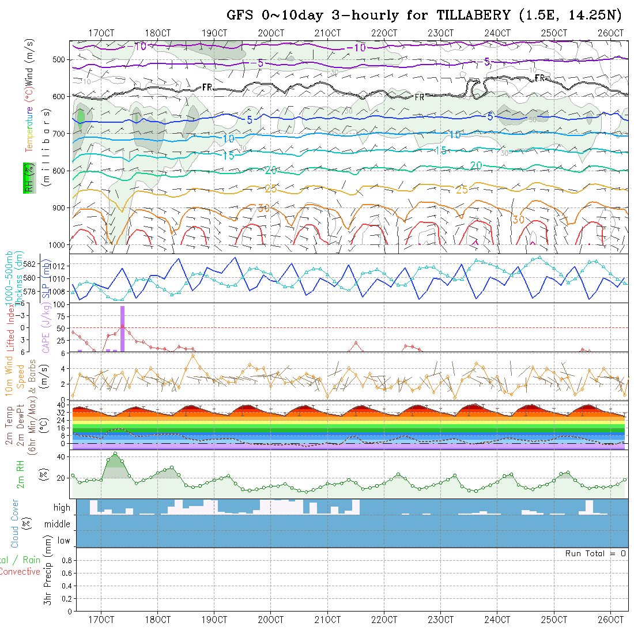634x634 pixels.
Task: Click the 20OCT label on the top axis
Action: click(x=271, y=33)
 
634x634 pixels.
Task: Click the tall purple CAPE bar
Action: click(x=122, y=328)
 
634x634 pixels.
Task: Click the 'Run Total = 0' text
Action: click(x=595, y=553)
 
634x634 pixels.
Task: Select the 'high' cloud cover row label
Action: click(x=62, y=508)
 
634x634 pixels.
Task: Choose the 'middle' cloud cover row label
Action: click(x=58, y=524)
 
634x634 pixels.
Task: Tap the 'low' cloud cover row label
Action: click(x=63, y=541)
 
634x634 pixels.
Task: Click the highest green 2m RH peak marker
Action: click(x=115, y=454)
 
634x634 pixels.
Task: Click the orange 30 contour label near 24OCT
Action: click(x=518, y=220)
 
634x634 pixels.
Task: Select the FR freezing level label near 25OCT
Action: click(x=540, y=78)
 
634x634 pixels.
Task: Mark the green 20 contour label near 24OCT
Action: click(x=476, y=165)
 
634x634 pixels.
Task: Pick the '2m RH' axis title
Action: click(x=20, y=474)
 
